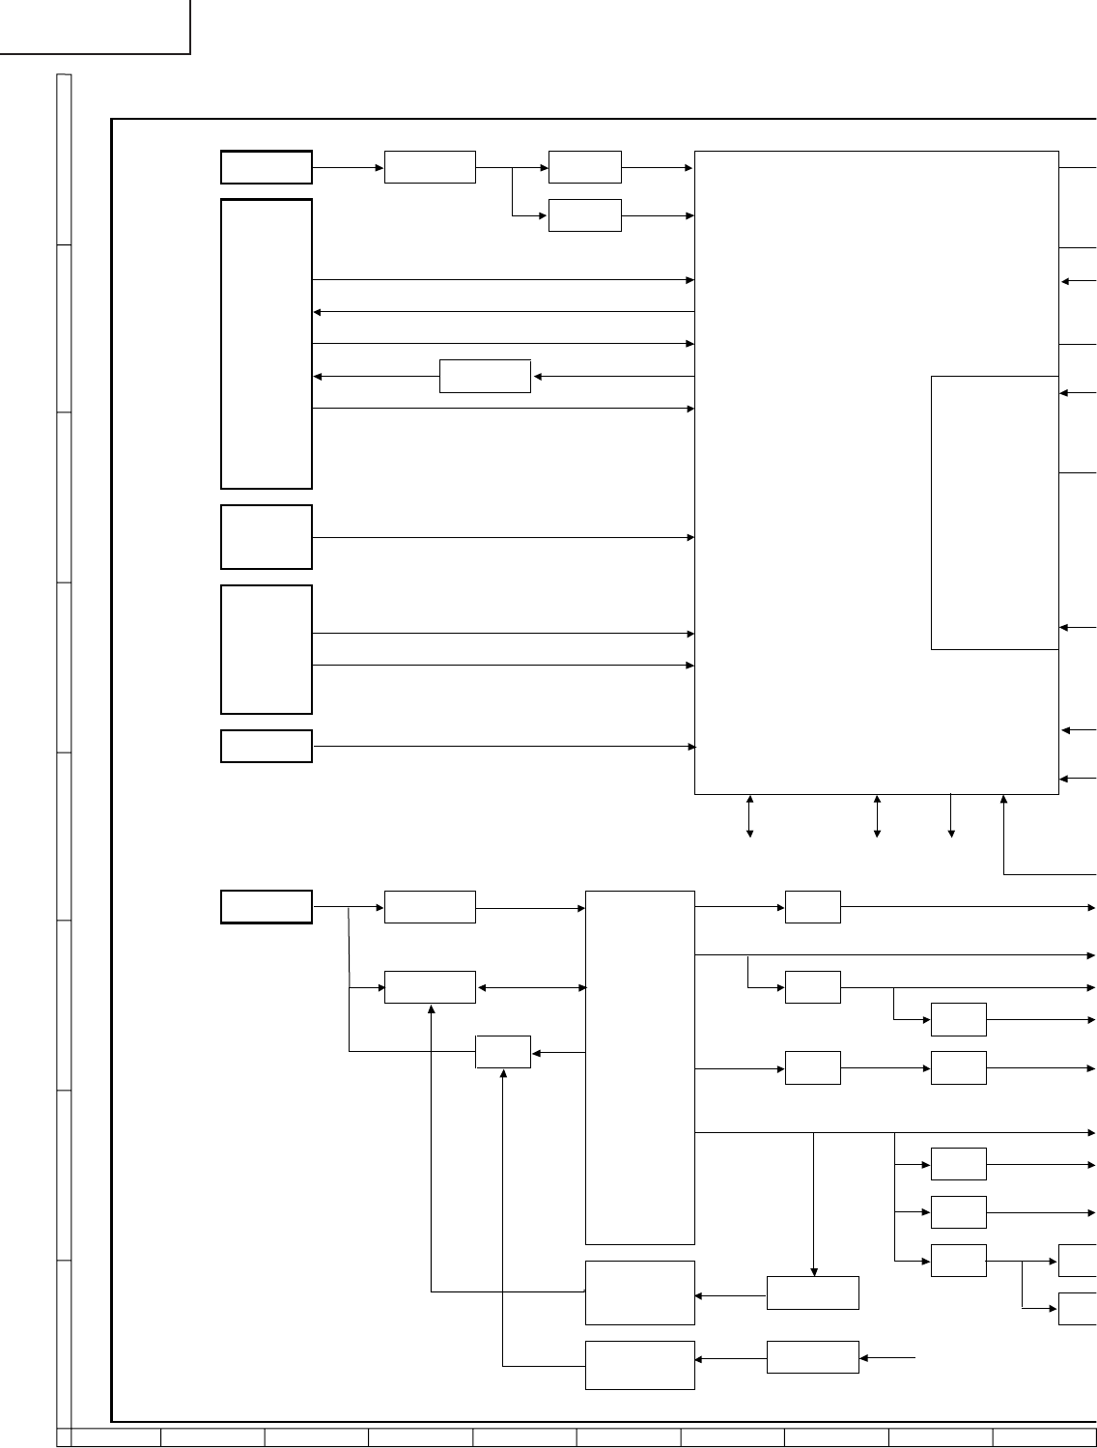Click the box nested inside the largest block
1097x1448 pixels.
tap(995, 512)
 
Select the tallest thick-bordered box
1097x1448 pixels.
tap(267, 344)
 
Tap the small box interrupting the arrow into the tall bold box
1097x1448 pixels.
tap(485, 376)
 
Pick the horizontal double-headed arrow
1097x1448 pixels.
tap(531, 987)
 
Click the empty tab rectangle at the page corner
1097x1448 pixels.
tap(95, 26)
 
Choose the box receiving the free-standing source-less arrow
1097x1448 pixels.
tap(812, 1357)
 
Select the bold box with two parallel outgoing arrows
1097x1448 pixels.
tap(267, 649)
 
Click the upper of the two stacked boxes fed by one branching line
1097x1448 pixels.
tap(584, 167)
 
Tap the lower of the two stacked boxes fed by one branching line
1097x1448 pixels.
tap(584, 215)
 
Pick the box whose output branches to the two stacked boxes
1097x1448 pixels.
tap(430, 167)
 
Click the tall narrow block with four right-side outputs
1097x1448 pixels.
tap(640, 1067)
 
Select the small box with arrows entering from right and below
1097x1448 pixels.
tap(503, 1052)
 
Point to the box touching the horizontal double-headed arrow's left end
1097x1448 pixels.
tap(430, 987)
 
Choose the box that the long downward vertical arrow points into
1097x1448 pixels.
tap(812, 1292)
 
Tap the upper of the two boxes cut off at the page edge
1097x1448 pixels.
tap(1078, 1261)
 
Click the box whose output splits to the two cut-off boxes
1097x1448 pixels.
tap(958, 1261)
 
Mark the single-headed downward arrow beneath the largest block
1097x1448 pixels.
tap(951, 816)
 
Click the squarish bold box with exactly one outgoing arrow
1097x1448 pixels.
tap(267, 537)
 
